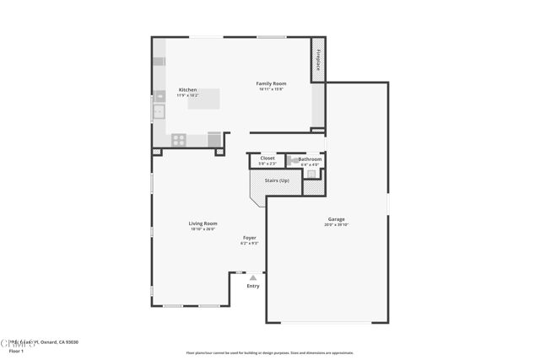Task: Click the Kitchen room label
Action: pos(187,89)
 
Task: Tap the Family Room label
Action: pos(271,83)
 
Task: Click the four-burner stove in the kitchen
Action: pos(179,140)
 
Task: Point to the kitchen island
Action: pos(203,99)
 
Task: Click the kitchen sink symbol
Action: pos(159,111)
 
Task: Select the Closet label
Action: pos(267,159)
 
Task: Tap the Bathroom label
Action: pos(310,159)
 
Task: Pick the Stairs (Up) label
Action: pos(276,180)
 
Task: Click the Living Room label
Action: pos(202,223)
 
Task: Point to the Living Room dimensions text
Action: pos(202,229)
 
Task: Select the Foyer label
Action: pos(250,238)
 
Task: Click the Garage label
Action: pos(336,219)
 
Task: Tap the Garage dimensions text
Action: pos(336,225)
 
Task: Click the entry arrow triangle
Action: pos(252,277)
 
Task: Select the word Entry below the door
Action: pos(253,286)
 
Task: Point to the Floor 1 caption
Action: pos(17,351)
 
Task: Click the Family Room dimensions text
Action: pos(271,89)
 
